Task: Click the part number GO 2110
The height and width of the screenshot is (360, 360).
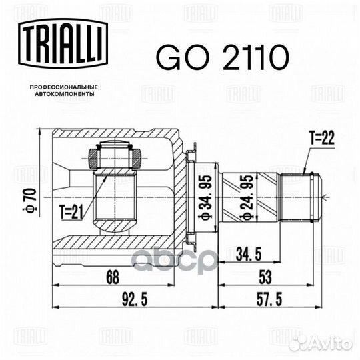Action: tap(221, 57)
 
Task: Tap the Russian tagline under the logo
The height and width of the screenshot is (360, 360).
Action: tap(64, 91)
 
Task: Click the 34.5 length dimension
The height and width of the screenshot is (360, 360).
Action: tap(249, 254)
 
